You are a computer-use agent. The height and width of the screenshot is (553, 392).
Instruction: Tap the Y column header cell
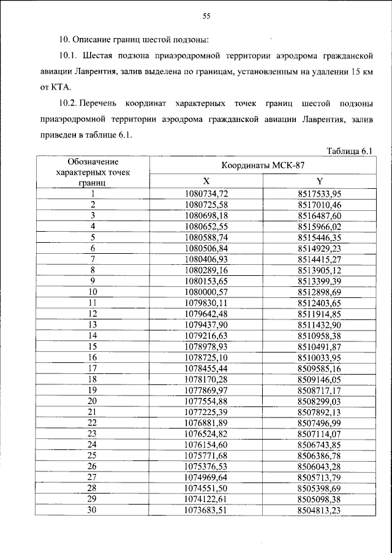pyautogui.click(x=319, y=181)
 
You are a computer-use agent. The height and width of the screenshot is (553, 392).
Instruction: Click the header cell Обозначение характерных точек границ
pyautogui.click(x=92, y=172)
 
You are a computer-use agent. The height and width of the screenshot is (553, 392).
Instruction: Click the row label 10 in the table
pyautogui.click(x=93, y=292)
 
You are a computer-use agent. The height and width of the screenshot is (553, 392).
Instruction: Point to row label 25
pyautogui.click(x=93, y=456)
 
